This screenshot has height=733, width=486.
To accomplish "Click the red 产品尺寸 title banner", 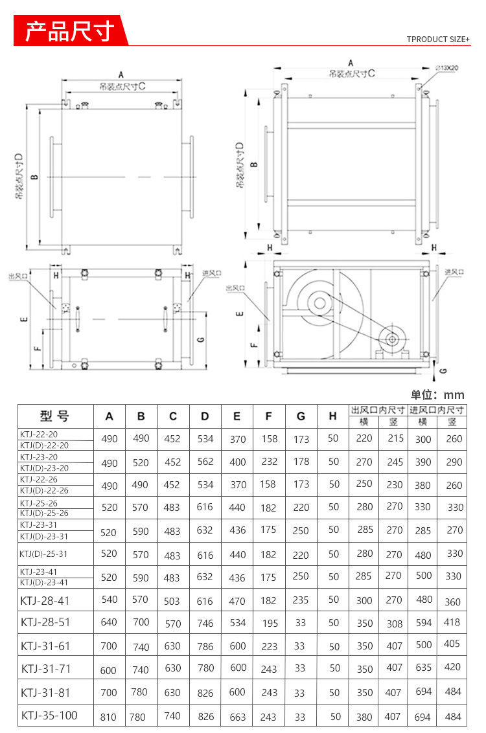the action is (70, 30).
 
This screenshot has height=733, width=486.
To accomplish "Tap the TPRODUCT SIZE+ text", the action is (438, 39).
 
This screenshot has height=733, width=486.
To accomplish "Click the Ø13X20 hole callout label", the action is (446, 68).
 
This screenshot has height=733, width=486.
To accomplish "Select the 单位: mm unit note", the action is (437, 395).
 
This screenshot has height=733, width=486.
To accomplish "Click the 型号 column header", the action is (54, 415).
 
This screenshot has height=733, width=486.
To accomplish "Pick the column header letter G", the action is (301, 416).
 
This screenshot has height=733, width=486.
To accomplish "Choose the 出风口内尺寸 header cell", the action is (378, 410).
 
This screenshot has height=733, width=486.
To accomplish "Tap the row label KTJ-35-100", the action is (49, 716).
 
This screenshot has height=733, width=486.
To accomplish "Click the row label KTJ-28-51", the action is (45, 622).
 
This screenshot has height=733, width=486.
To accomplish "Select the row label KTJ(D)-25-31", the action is (43, 554).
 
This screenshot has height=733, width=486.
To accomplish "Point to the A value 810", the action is (108, 717).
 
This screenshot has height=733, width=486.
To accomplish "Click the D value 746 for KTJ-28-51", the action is (205, 623).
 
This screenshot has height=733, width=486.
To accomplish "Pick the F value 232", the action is (269, 462).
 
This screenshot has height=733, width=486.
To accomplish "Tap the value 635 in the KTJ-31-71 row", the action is (423, 667).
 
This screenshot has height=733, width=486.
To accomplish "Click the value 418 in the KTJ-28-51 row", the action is (452, 622).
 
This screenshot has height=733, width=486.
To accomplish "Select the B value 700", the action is (141, 622).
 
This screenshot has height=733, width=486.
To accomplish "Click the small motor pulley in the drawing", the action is (391, 339).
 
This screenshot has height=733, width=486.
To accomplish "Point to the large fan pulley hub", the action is (320, 304).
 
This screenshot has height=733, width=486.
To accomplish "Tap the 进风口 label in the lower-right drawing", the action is (454, 271).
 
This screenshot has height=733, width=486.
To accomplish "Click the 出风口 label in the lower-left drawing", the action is (17, 276).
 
